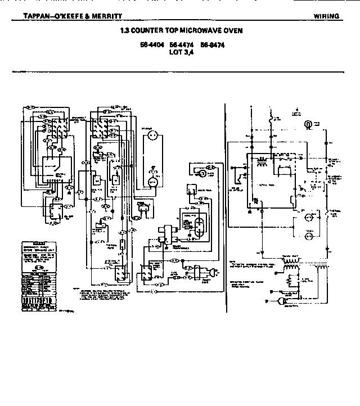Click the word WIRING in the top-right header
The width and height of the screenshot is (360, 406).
click(x=326, y=16)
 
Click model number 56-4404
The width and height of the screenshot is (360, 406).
click(x=151, y=44)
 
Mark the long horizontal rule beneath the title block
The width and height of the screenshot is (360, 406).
click(x=180, y=72)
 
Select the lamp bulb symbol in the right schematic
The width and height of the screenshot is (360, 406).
click(x=308, y=125)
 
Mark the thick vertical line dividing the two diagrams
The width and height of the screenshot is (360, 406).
click(x=225, y=208)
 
